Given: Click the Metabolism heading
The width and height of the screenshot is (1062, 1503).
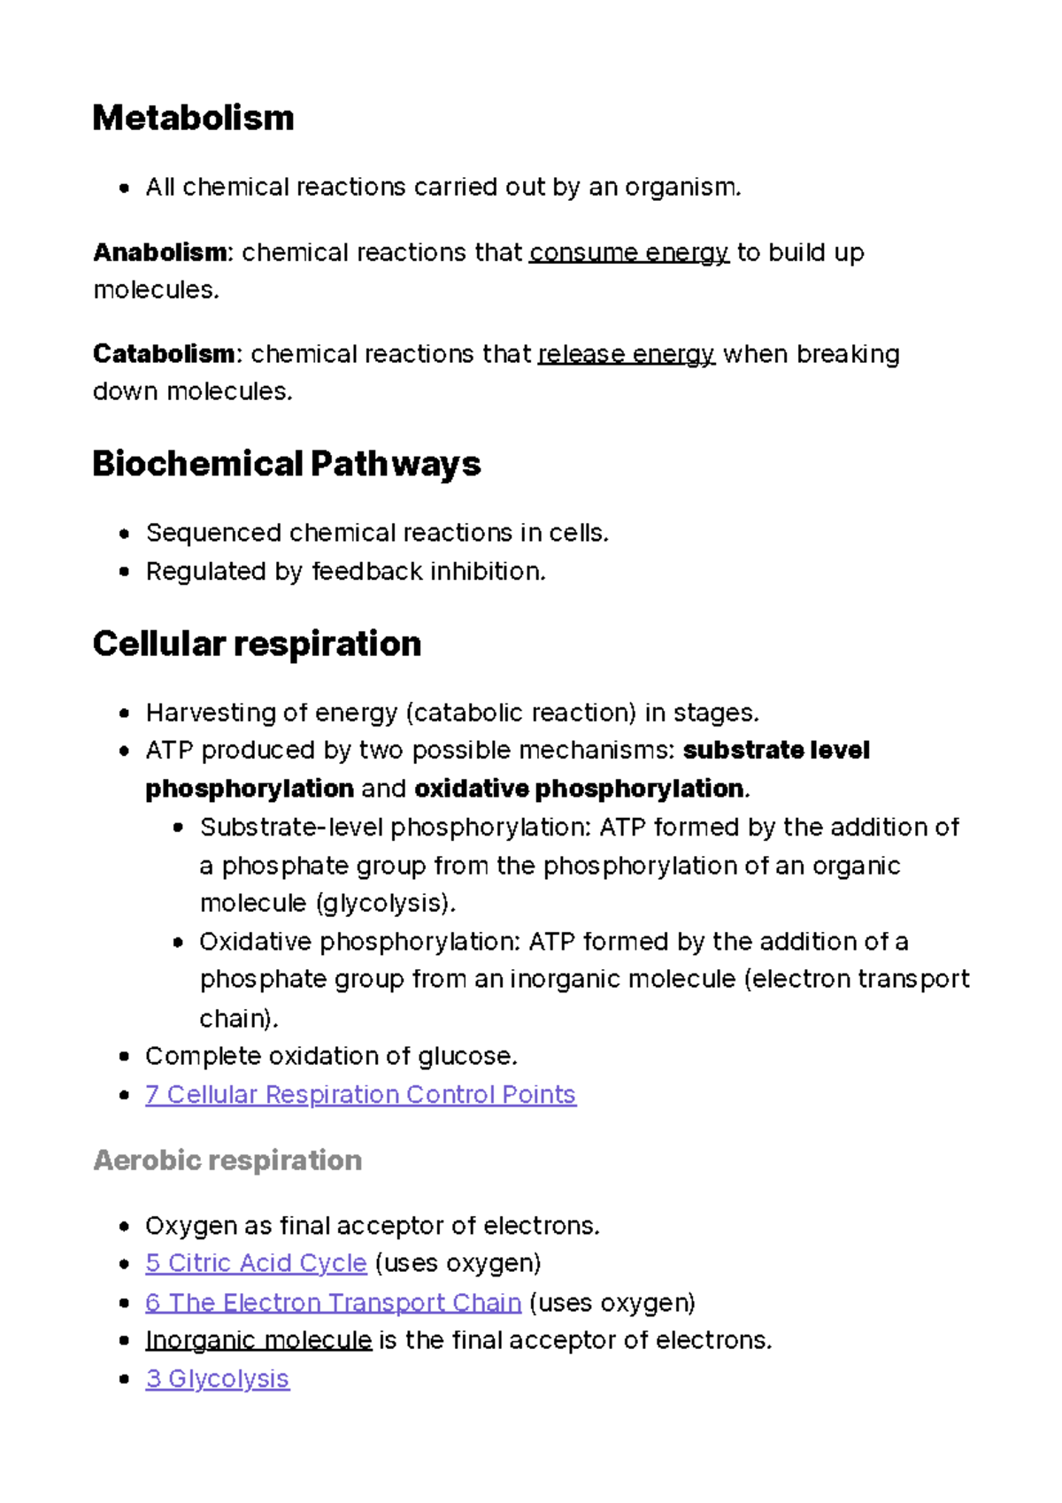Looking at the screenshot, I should click(193, 118).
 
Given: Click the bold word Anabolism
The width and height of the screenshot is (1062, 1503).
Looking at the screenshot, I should click(159, 253).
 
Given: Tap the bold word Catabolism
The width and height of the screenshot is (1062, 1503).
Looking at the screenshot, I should click(164, 354).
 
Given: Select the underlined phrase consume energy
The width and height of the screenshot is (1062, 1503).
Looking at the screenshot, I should click(628, 253).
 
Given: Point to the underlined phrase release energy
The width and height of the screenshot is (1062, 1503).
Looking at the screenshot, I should click(626, 354).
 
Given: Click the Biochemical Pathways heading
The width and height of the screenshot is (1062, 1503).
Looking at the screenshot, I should click(286, 464).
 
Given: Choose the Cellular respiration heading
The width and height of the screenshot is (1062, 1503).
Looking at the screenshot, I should click(257, 644).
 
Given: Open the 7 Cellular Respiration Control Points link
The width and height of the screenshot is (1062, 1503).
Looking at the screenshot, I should click(360, 1095).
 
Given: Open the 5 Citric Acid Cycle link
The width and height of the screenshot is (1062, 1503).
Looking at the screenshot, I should click(256, 1263).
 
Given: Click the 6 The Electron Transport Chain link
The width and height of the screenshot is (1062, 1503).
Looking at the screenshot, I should click(333, 1303).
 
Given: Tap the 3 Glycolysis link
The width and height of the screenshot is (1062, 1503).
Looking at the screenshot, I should click(217, 1379).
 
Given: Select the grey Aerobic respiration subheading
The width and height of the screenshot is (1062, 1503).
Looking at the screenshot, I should click(227, 1160).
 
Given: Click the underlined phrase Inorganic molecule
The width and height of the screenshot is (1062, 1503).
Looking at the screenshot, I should click(258, 1340).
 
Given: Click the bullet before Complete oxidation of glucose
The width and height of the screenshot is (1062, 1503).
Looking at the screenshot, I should click(125, 1057).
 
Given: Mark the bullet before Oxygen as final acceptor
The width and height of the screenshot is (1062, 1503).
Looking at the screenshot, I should click(125, 1227).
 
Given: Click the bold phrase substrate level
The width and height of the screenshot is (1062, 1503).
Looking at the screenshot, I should click(776, 751).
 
